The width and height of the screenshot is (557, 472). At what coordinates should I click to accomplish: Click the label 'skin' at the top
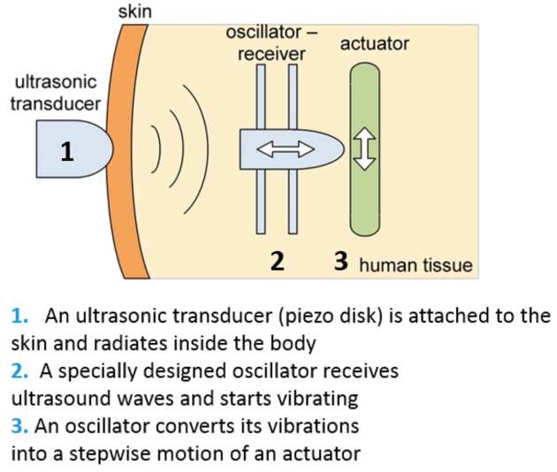coord(134,11)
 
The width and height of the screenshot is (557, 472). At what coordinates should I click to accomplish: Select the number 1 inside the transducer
coord(65,152)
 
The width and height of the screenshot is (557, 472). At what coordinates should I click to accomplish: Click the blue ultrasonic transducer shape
coord(84,151)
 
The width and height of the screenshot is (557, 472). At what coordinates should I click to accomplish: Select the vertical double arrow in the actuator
coord(363,150)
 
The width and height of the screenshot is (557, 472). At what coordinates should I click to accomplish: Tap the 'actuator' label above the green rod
coord(374,42)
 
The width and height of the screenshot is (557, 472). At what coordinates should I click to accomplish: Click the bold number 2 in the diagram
coord(277,262)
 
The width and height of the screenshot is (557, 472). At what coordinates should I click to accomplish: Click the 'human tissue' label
coord(416,264)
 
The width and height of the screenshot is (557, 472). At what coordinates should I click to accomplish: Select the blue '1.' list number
coord(19,316)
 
